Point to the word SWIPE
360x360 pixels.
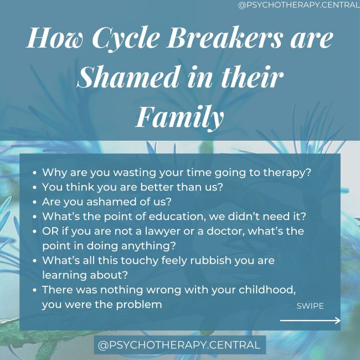[310, 306]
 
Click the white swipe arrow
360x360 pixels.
[310, 320]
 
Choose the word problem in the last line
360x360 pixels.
[143, 304]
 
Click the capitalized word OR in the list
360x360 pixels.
[50, 230]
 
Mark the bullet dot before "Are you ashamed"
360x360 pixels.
[35, 202]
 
